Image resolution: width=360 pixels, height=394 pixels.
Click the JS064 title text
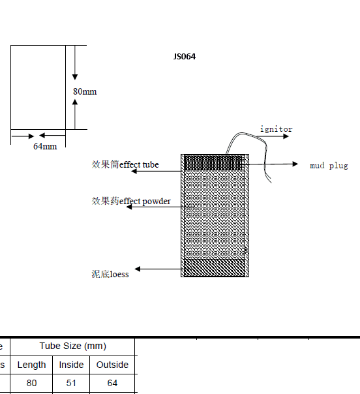click(x=185, y=56)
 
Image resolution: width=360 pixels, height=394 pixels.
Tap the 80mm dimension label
click(x=85, y=91)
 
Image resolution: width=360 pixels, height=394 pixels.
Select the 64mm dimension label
click(x=45, y=146)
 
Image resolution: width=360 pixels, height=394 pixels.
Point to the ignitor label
click(x=276, y=129)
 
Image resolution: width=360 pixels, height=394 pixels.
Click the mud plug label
click(x=329, y=166)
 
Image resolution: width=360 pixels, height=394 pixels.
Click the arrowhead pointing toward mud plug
click(x=295, y=164)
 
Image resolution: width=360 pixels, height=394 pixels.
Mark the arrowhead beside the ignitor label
click(x=286, y=136)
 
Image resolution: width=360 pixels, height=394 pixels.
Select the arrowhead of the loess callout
click(x=138, y=269)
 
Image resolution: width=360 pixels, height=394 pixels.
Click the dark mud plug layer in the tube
click(x=213, y=163)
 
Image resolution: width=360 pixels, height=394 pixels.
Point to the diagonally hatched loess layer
click(x=215, y=268)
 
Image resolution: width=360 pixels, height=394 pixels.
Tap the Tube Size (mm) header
click(x=73, y=346)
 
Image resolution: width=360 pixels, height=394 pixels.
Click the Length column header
click(x=32, y=365)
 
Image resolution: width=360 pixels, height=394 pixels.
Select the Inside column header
click(x=71, y=365)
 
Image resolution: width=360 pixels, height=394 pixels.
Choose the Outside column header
click(x=112, y=365)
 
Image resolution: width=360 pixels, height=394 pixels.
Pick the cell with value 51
click(x=71, y=383)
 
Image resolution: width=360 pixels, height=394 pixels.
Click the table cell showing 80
click(x=32, y=383)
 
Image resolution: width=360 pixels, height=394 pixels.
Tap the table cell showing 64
click(x=112, y=383)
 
